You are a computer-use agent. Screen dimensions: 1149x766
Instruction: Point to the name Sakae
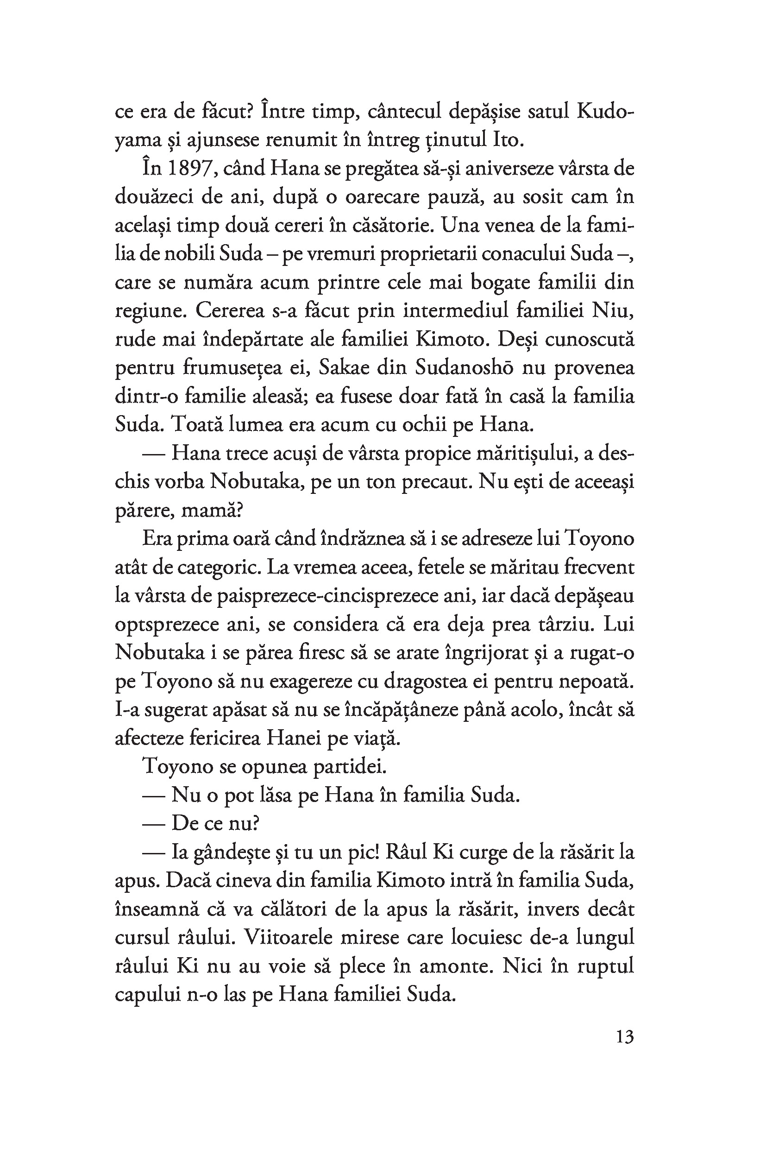point(346,367)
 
